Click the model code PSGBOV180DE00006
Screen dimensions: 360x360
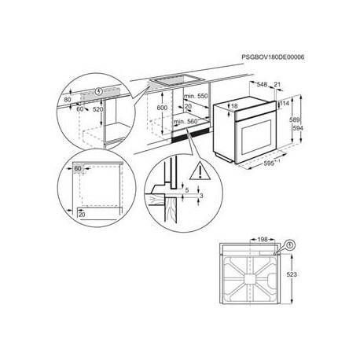273,57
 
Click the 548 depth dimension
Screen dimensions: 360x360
262,84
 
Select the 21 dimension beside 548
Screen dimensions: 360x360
277,84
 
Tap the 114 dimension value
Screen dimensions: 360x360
285,103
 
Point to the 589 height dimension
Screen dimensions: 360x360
294,120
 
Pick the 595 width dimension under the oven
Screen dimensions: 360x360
269,163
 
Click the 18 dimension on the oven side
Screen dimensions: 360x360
234,106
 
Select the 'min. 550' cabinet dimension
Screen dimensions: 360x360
196,96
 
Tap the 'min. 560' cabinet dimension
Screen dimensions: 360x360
186,122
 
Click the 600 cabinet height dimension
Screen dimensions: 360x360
162,108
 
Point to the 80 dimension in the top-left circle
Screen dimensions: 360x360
68,100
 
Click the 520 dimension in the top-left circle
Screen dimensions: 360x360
98,109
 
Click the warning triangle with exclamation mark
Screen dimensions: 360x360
200,171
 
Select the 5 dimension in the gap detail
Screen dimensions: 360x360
187,190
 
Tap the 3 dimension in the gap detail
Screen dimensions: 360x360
201,196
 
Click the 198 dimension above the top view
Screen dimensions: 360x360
263,239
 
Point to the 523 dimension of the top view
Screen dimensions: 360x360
292,274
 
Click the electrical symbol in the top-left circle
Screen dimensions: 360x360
99,91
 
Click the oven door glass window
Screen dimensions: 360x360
255,137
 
